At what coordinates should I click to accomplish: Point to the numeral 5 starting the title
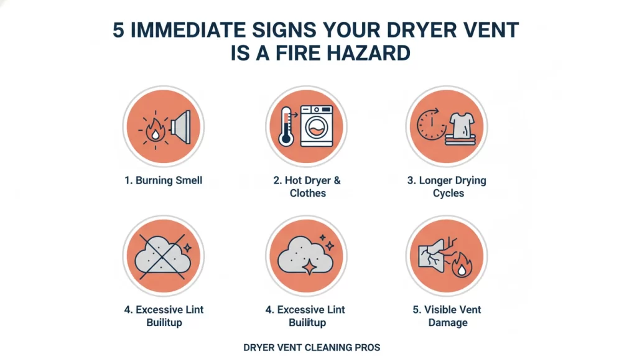pyautogui.click(x=119, y=30)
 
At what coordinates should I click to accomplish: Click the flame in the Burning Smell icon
pyautogui.click(x=154, y=131)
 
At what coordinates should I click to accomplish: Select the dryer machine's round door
pyautogui.click(x=317, y=132)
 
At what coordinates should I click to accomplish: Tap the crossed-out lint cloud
pyautogui.click(x=163, y=256)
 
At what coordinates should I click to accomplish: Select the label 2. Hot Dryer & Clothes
pyautogui.click(x=307, y=187)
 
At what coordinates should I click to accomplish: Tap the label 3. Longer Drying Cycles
pyautogui.click(x=447, y=187)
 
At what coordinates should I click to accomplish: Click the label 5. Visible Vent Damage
pyautogui.click(x=447, y=316)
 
